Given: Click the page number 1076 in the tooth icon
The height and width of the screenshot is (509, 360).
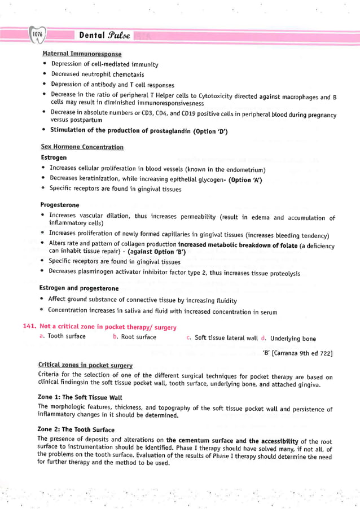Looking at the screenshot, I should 38,36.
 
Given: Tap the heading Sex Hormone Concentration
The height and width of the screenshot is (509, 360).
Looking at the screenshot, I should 82,147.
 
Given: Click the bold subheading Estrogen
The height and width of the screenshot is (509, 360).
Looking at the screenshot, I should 54,157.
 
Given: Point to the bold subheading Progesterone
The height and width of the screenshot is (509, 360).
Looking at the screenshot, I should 60,205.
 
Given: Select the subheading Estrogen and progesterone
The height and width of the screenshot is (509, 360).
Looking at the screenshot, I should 78,288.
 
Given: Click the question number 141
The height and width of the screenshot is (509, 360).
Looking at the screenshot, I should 30,327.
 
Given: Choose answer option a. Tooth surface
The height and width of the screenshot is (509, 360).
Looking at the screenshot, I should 63,337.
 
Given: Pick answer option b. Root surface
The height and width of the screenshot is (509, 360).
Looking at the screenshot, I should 134,337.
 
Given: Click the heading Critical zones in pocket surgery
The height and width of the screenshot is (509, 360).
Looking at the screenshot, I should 85,366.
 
